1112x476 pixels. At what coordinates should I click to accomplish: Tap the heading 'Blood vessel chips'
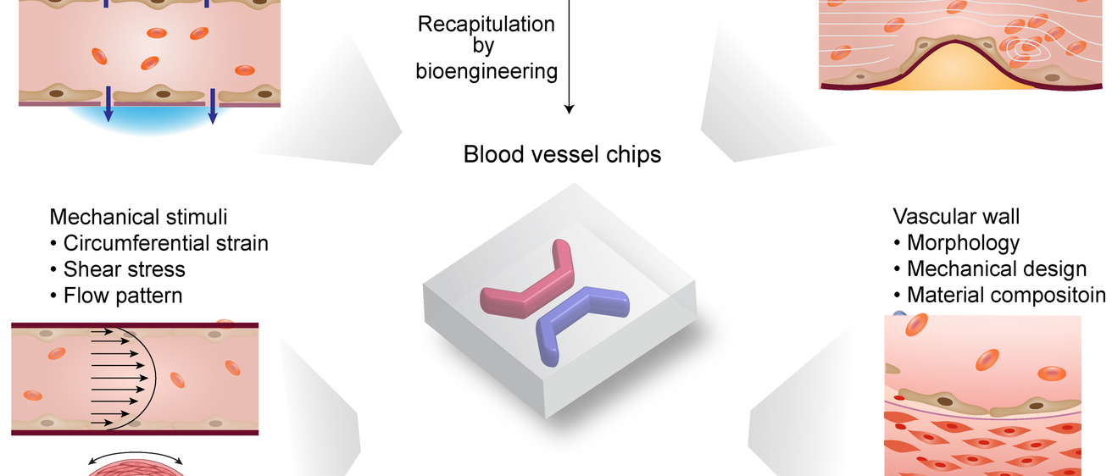pyautogui.click(x=562, y=155)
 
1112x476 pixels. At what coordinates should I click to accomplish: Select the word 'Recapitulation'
pyautogui.click(x=486, y=24)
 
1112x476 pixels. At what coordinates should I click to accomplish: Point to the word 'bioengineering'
pyautogui.click(x=486, y=70)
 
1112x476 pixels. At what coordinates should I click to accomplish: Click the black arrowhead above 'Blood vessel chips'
pyautogui.click(x=569, y=108)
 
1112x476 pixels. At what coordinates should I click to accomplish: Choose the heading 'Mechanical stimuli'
pyautogui.click(x=138, y=215)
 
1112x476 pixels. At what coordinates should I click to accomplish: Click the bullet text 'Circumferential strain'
pyautogui.click(x=165, y=243)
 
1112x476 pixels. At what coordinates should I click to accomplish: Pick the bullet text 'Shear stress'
pyautogui.click(x=124, y=269)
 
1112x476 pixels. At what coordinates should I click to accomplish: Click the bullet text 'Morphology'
pyautogui.click(x=963, y=242)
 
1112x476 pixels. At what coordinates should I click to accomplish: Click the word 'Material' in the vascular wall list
pyautogui.click(x=942, y=296)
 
